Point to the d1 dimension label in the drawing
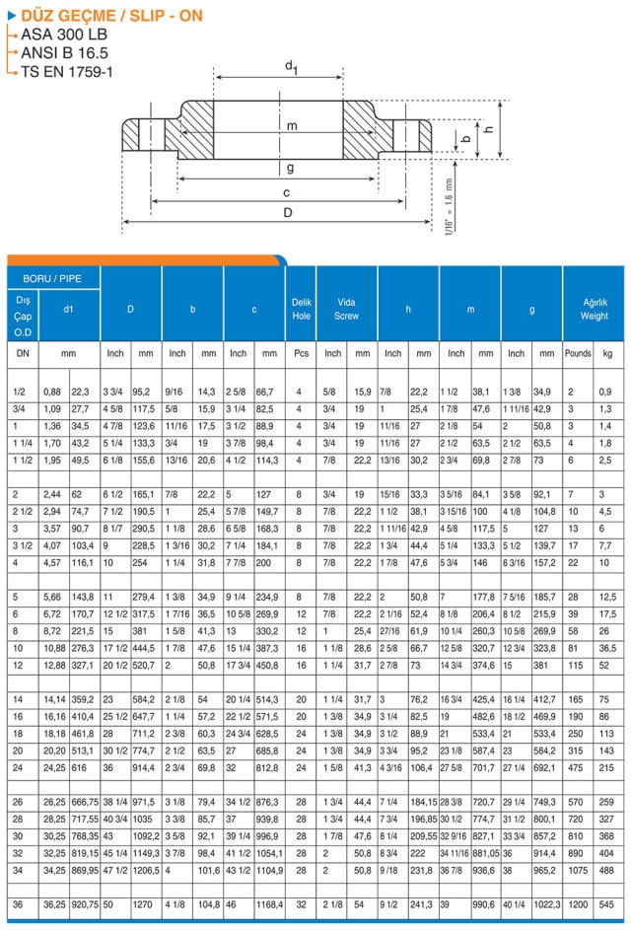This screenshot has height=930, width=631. (292, 65)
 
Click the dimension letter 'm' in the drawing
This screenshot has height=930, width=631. (292, 125)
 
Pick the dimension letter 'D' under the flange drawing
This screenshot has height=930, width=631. (288, 212)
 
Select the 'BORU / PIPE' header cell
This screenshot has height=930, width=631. (53, 279)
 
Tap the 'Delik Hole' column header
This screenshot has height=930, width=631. (301, 309)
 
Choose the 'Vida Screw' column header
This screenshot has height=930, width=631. (346, 309)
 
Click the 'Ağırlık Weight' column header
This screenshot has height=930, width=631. (594, 309)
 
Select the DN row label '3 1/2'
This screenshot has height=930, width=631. (22, 544)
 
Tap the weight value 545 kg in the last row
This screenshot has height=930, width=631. (608, 904)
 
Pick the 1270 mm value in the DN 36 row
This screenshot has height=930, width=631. (145, 904)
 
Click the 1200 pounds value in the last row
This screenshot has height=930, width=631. (578, 904)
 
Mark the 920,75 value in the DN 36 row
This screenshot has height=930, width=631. (84, 904)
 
